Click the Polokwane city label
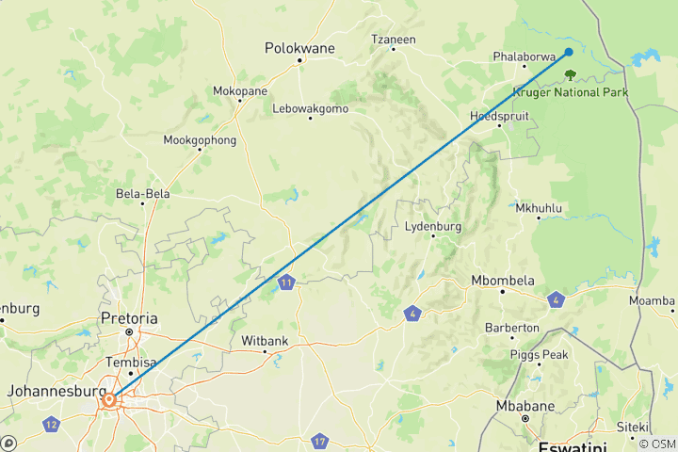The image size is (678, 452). [x=300, y=46]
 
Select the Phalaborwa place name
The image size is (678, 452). [x=525, y=56]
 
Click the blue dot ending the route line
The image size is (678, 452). [x=569, y=52]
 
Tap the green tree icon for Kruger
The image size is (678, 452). [x=569, y=73]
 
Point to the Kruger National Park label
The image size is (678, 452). [x=571, y=91]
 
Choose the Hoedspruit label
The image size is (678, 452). [x=500, y=116]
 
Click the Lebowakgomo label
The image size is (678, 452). [x=311, y=108]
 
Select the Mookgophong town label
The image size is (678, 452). [x=201, y=140]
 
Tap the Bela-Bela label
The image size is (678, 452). [x=142, y=194]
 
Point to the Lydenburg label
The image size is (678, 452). [x=432, y=227]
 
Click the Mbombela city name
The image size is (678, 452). [x=503, y=281]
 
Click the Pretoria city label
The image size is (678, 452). [x=130, y=318]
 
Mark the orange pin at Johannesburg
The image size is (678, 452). [x=110, y=400]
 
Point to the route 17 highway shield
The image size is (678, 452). [x=320, y=441]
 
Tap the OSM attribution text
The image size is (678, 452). [x=655, y=444]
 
